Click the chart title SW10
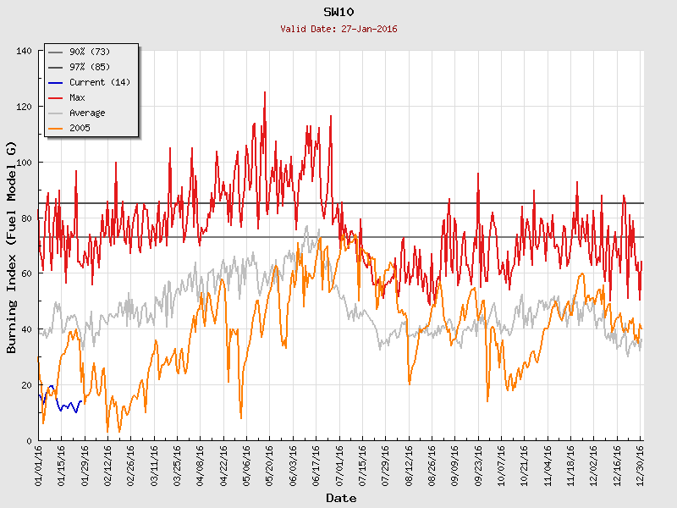pyautogui.click(x=338, y=12)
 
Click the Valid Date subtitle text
pyautogui.click(x=338, y=29)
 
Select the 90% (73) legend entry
pyautogui.click(x=90, y=52)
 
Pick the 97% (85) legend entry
pyautogui.click(x=90, y=68)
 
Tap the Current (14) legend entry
pyautogui.click(x=99, y=83)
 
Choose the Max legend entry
pyautogui.click(x=77, y=98)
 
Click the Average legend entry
pyautogui.click(x=87, y=113)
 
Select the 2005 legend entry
pyautogui.click(x=80, y=129)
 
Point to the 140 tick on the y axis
pyautogui.click(x=24, y=51)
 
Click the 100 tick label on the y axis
pyautogui.click(x=24, y=163)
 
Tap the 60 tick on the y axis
pyautogui.click(x=26, y=273)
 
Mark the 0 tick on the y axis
pyautogui.click(x=29, y=440)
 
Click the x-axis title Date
pyautogui.click(x=341, y=498)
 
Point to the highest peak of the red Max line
pyautogui.click(x=265, y=92)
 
